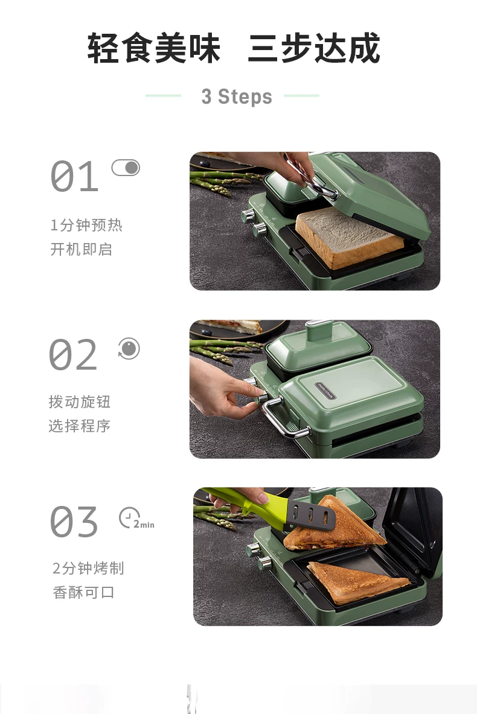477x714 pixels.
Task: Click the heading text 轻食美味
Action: [154, 48]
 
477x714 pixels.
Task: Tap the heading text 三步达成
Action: [314, 48]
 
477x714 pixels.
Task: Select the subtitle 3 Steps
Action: [237, 96]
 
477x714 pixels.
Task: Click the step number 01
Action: [74, 175]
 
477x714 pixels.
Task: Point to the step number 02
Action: [73, 354]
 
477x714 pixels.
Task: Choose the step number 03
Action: [74, 522]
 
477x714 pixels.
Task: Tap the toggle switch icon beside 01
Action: [126, 168]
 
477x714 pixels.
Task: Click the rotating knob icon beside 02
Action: [129, 349]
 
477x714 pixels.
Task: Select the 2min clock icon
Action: [136, 518]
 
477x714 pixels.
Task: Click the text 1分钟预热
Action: [86, 225]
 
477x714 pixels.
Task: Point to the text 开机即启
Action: [81, 249]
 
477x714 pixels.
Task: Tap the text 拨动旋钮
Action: [79, 402]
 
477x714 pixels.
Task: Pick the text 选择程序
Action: [79, 426]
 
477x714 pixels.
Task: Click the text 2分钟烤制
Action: [88, 568]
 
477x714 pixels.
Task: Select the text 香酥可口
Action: [83, 592]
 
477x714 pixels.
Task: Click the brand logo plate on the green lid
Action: [325, 391]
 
